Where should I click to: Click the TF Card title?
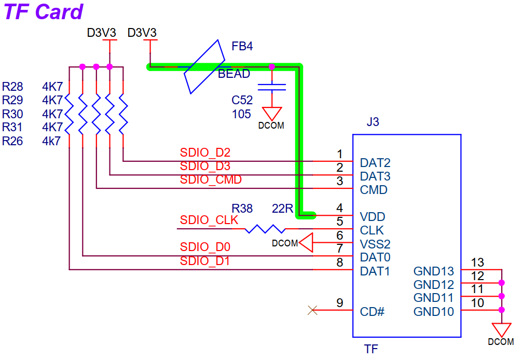tap(44, 12)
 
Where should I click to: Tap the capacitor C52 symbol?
tap(272, 87)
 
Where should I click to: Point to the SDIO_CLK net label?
tap(209, 220)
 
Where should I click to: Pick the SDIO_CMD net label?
tap(211, 179)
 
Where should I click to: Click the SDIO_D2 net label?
tap(205, 153)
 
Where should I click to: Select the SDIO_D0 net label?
tap(205, 247)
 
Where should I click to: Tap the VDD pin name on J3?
tap(373, 217)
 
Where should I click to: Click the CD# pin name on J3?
tap(372, 312)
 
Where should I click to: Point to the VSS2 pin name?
tap(375, 244)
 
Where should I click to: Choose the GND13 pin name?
tap(433, 271)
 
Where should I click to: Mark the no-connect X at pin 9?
tap(312, 310)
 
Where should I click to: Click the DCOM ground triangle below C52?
tap(272, 114)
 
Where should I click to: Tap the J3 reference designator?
tap(373, 122)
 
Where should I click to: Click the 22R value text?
tap(283, 209)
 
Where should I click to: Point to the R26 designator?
tap(12, 141)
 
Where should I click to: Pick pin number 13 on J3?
tap(477, 262)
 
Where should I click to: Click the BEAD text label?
tap(234, 74)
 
